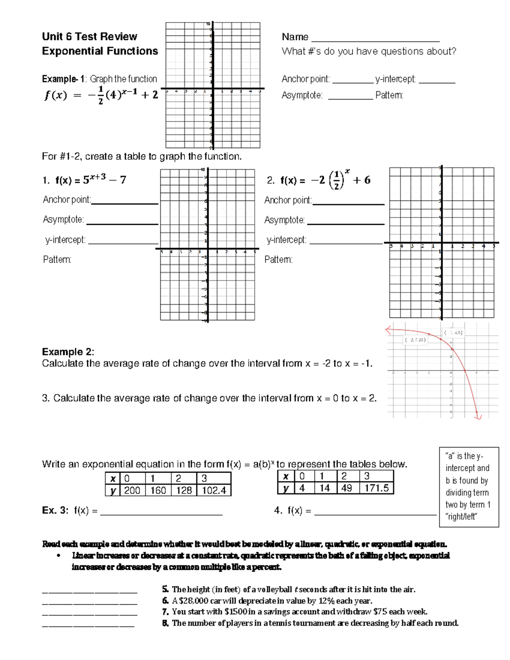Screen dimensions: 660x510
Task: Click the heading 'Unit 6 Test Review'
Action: click(89, 37)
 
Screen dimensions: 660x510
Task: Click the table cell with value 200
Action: click(132, 490)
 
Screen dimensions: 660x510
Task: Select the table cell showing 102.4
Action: click(214, 490)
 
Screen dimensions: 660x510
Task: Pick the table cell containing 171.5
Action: click(376, 488)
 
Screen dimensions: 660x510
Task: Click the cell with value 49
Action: click(347, 488)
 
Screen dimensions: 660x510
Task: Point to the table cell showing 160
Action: click(158, 490)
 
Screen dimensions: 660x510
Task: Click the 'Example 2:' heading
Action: click(68, 352)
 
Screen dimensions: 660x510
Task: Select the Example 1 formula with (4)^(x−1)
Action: click(101, 95)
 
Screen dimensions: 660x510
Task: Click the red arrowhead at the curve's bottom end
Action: click(478, 416)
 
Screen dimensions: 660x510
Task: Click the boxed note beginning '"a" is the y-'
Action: click(468, 487)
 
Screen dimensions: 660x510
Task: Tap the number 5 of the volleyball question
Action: click(165, 589)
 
